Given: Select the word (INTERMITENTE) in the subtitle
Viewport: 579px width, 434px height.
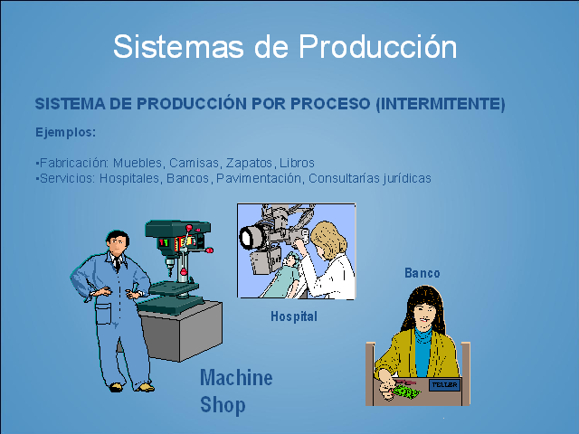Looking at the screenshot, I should (439, 104).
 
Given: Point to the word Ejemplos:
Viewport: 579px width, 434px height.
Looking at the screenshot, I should (65, 132).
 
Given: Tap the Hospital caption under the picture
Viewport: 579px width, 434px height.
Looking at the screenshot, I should (294, 316).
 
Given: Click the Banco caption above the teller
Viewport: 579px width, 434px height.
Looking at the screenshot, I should (422, 273).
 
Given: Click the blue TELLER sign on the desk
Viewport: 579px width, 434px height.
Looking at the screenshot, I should (444, 384).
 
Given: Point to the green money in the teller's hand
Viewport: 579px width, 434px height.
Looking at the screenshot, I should (403, 392).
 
